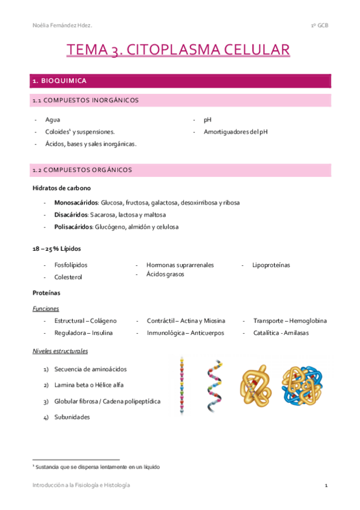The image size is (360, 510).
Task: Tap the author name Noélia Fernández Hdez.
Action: [63, 25]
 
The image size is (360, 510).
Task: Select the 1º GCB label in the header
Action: [319, 25]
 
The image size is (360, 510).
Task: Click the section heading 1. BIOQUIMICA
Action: [59, 81]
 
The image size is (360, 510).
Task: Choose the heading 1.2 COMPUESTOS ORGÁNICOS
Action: [82, 170]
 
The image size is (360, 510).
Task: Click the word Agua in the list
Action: [52, 120]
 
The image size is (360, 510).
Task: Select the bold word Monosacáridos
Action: [76, 203]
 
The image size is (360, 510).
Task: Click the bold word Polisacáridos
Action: [72, 227]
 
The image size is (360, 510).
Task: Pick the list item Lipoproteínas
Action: [271, 265]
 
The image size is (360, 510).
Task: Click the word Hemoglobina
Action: [308, 321]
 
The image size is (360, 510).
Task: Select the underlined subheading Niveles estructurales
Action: [60, 351]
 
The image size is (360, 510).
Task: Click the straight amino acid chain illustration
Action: [181, 386]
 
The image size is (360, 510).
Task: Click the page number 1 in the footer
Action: [325, 485]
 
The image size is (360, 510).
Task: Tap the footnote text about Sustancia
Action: [97, 466]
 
